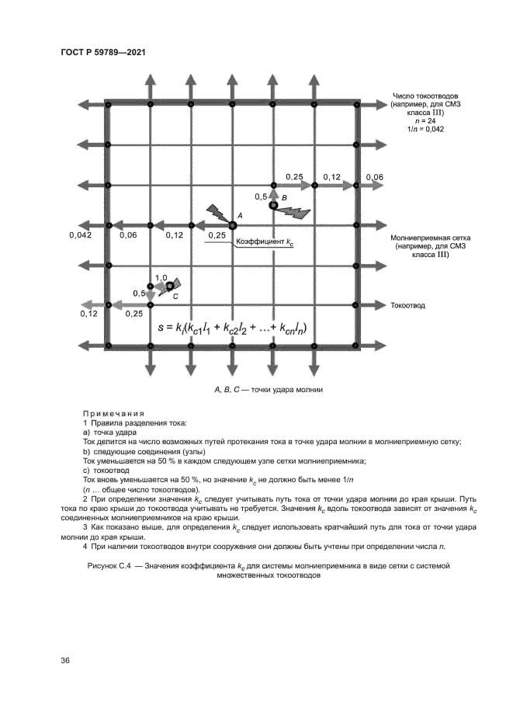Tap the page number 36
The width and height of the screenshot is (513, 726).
click(66, 661)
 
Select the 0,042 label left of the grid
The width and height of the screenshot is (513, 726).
click(80, 234)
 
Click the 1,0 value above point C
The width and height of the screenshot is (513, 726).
click(161, 277)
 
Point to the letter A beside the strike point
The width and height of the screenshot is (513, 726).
click(241, 214)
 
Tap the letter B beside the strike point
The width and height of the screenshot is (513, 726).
click(284, 199)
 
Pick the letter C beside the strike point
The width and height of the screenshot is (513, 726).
click(175, 297)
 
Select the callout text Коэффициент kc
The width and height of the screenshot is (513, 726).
click(264, 242)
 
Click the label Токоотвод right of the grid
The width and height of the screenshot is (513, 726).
click(408, 305)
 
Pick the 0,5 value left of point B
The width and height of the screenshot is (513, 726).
click(260, 197)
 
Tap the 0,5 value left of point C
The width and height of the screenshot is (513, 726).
click(139, 293)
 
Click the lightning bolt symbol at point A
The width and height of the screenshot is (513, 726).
click(218, 212)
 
